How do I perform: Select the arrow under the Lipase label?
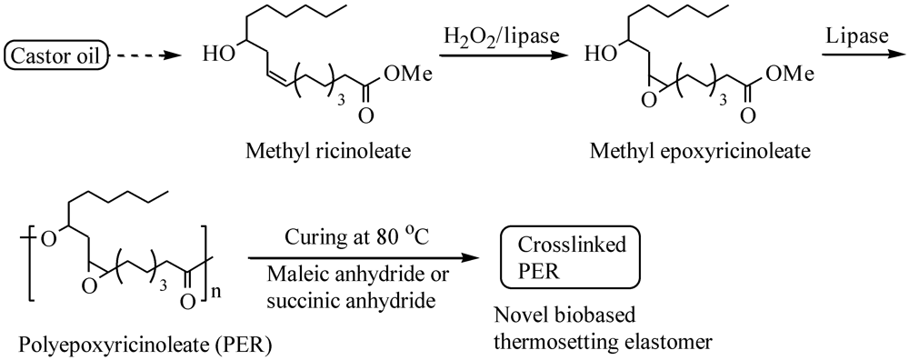point(863,59)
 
